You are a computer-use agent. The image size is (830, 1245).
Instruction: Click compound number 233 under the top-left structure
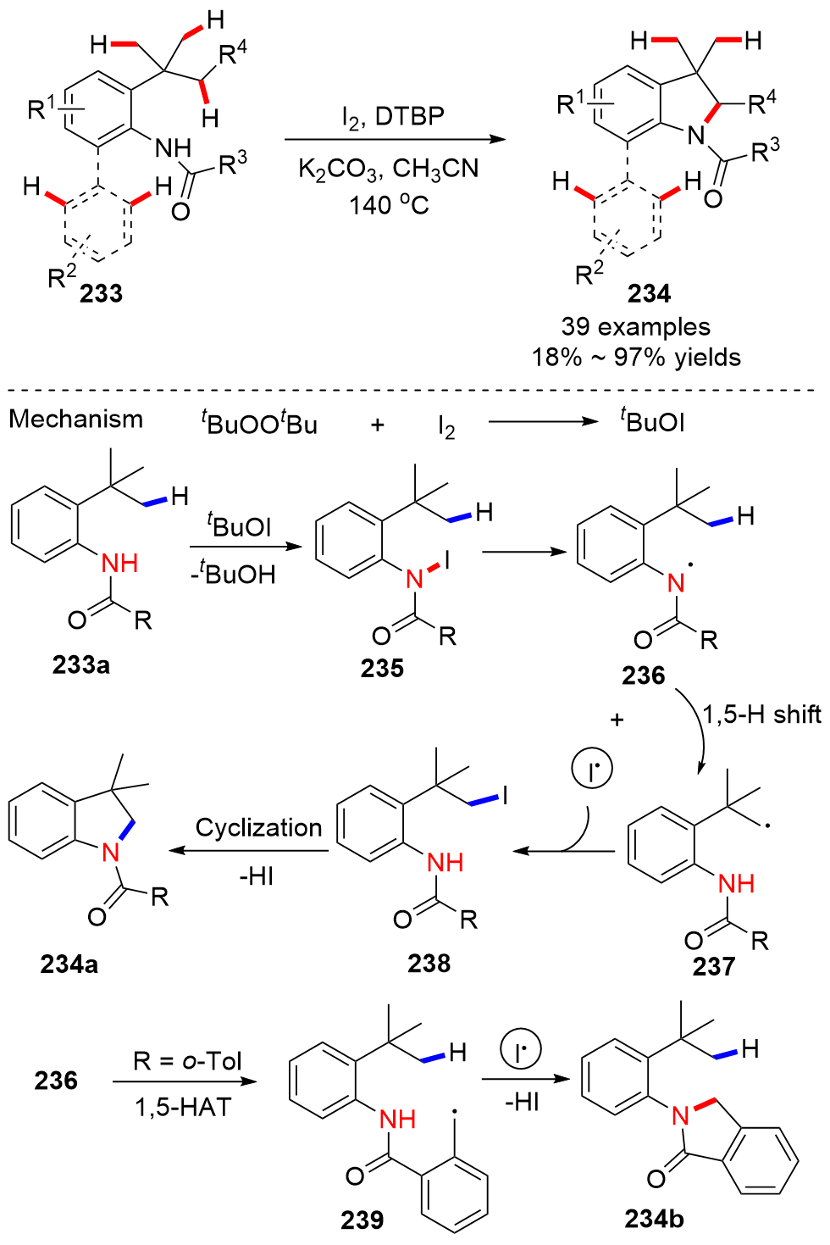pyautogui.click(x=102, y=293)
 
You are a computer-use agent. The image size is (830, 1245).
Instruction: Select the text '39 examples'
pyautogui.click(x=635, y=327)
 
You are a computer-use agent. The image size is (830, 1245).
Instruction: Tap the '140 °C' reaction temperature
pyautogui.click(x=389, y=204)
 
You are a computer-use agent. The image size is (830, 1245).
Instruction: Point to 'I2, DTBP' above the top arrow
pyautogui.click(x=392, y=116)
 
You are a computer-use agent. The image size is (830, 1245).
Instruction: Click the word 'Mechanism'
pyautogui.click(x=76, y=419)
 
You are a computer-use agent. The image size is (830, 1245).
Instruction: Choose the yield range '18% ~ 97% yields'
pyautogui.click(x=635, y=357)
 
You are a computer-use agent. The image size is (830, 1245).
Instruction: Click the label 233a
pyautogui.click(x=81, y=664)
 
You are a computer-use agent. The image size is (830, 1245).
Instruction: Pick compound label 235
pyautogui.click(x=382, y=668)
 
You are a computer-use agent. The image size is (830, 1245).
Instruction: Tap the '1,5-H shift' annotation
pyautogui.click(x=761, y=714)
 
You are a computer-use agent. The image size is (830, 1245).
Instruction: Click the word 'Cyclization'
pyautogui.click(x=258, y=827)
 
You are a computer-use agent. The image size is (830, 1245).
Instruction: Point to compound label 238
pyautogui.click(x=429, y=963)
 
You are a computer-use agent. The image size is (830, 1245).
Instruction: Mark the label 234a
pyautogui.click(x=69, y=964)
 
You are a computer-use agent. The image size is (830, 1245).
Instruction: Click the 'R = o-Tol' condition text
pyautogui.click(x=187, y=1060)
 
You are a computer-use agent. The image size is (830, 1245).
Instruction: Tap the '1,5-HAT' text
pyautogui.click(x=183, y=1107)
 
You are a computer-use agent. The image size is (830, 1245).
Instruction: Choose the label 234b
pyautogui.click(x=654, y=1218)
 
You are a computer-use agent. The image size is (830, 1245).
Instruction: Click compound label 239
pyautogui.click(x=362, y=1220)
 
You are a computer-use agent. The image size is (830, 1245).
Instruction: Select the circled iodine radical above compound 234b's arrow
pyautogui.click(x=520, y=1051)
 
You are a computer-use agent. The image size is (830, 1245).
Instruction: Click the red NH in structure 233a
pyautogui.click(x=119, y=564)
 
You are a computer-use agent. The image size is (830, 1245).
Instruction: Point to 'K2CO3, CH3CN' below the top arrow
pyautogui.click(x=388, y=169)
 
